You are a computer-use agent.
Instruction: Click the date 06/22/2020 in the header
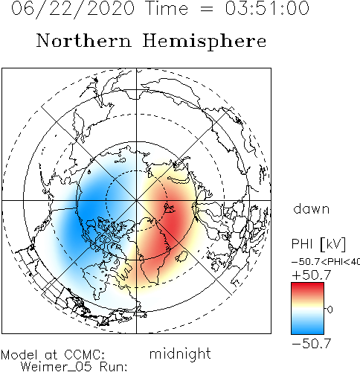[73, 9]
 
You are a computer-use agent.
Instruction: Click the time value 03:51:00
[267, 8]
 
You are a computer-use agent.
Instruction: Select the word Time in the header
[167, 8]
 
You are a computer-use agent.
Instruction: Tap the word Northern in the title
[84, 40]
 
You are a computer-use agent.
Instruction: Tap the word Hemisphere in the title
[205, 42]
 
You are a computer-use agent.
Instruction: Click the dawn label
[312, 209]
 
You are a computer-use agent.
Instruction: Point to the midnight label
[180, 354]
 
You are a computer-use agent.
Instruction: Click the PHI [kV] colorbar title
[318, 244]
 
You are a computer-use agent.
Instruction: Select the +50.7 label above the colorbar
[312, 275]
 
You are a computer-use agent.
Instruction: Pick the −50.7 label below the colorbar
[312, 344]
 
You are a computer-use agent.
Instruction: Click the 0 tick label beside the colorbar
[330, 310]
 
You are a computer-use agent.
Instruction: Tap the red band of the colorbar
[307, 289]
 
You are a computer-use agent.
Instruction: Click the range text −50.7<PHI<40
[326, 262]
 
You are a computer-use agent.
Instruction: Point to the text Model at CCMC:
[53, 355]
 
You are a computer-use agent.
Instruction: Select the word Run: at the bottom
[113, 367]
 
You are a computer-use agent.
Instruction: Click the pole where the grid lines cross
[136, 200]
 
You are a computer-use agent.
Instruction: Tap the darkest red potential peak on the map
[173, 225]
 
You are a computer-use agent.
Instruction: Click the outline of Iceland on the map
[181, 257]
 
